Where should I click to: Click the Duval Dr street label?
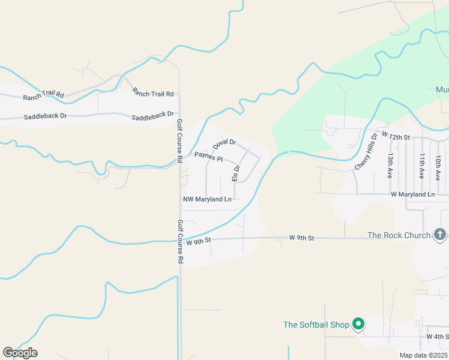(224, 144)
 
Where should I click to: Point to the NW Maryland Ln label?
(207, 199)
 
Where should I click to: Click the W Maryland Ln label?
(412, 194)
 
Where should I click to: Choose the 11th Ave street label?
(422, 165)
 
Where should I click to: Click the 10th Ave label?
(439, 165)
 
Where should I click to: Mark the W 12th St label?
(395, 137)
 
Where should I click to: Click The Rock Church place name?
(399, 235)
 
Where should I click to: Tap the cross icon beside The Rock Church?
(439, 234)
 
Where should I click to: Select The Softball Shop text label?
(316, 325)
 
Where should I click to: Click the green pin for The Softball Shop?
(359, 324)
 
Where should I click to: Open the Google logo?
(20, 352)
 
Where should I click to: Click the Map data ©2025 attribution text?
(423, 355)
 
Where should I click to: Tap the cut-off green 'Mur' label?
(442, 89)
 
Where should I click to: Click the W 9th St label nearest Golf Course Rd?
(199, 241)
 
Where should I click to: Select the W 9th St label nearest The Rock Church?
(301, 238)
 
